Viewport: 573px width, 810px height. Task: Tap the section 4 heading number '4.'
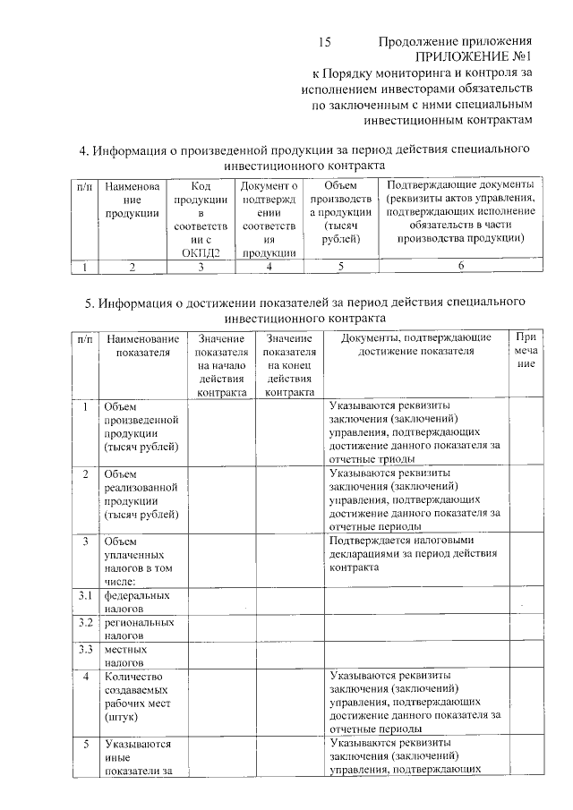tap(86, 149)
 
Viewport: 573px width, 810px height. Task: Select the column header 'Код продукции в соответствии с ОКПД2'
tap(201, 219)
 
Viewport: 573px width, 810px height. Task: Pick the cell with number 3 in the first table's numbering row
tap(201, 267)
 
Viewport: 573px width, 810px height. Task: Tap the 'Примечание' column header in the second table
tap(526, 351)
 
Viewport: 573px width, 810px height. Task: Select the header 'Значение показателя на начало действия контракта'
tap(221, 364)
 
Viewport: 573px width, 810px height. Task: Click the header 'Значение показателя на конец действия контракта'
tap(288, 364)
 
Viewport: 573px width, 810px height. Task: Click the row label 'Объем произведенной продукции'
tap(141, 427)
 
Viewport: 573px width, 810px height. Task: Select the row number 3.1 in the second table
tap(85, 595)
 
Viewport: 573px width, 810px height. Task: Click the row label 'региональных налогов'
tap(138, 628)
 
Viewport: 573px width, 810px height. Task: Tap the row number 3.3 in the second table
tap(85, 650)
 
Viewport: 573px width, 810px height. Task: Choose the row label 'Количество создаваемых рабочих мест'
tap(140, 697)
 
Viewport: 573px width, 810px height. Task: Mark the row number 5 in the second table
tap(85, 744)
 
